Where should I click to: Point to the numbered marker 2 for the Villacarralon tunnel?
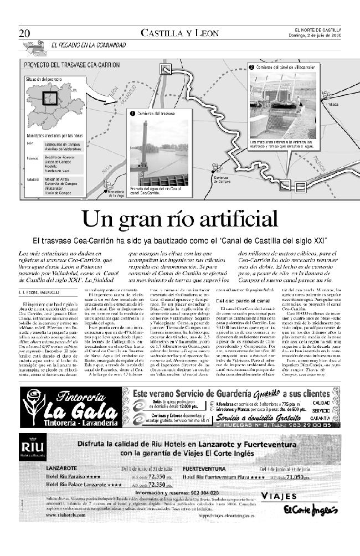tap(251, 66)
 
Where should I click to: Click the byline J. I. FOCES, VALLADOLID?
tap(39, 291)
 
